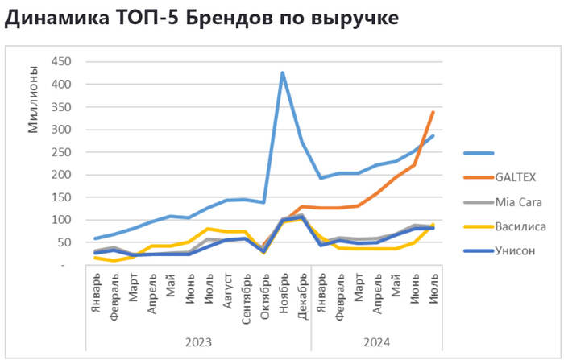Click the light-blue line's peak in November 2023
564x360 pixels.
pyautogui.click(x=283, y=72)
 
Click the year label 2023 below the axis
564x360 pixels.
pyautogui.click(x=198, y=342)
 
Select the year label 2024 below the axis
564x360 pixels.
pyautogui.click(x=376, y=342)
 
